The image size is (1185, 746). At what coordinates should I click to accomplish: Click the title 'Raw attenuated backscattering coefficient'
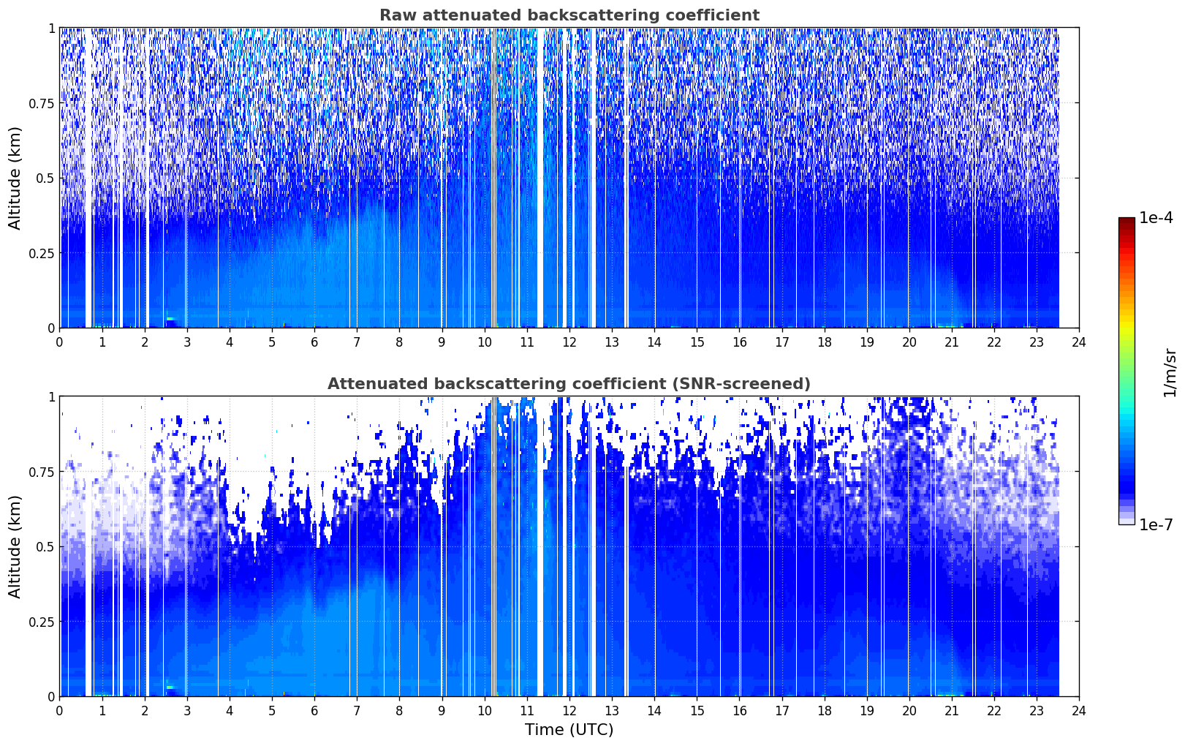(569, 15)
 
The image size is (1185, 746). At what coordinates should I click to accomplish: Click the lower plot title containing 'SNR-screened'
(569, 383)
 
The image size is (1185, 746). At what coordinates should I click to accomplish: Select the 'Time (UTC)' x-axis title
(569, 730)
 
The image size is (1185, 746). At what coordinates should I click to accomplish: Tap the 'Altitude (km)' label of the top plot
(15, 178)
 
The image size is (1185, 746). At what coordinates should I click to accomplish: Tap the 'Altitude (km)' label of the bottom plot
(15, 546)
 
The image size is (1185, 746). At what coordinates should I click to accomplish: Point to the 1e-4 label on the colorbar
(1156, 217)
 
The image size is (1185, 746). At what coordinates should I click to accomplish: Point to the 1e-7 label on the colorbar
(1156, 525)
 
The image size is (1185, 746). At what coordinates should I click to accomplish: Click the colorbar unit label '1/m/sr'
(1170, 372)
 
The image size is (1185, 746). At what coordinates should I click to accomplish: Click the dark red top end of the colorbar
(1127, 220)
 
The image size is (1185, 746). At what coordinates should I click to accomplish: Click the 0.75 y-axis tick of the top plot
(42, 103)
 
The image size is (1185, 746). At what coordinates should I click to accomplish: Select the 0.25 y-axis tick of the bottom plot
(42, 622)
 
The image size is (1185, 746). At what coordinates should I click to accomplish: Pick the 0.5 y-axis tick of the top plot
(45, 178)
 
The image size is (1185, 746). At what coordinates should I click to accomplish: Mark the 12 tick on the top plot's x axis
(569, 342)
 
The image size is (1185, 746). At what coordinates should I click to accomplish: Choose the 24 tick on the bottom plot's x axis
(1079, 711)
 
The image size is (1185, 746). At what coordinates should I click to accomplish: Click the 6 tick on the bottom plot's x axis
(314, 711)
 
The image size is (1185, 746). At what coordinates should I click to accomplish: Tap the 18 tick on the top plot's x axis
(824, 342)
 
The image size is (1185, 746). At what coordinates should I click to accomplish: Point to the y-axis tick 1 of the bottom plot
(52, 397)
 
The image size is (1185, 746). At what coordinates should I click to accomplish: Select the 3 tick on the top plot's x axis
(186, 342)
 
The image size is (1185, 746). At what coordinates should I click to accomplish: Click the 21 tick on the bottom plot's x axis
(952, 711)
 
